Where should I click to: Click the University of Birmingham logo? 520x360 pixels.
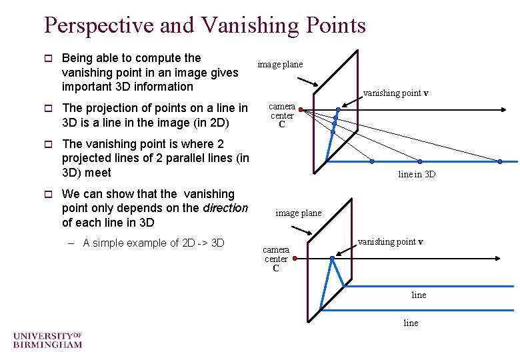coord(47,339)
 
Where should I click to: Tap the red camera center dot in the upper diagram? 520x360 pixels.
coord(300,109)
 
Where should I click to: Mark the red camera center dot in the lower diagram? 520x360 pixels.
coord(294,256)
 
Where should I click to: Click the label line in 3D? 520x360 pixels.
coord(417,175)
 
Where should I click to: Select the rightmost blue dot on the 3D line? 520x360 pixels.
coord(500,161)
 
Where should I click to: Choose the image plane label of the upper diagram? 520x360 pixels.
coord(280,65)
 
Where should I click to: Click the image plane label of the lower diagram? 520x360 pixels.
coord(299,213)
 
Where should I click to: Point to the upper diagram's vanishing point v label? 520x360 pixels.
coord(395,93)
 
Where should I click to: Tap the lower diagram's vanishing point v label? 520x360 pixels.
coord(391,242)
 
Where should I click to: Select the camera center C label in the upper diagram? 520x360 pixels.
coord(282,115)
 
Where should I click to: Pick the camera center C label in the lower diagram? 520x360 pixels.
coord(275,259)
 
